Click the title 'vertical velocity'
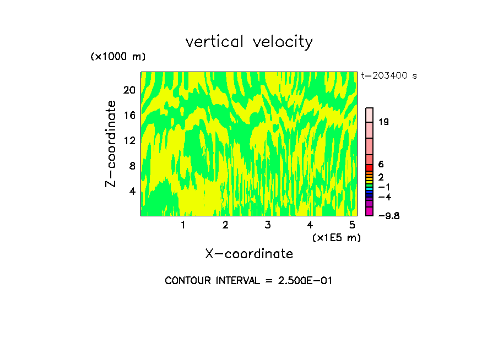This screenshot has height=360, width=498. [249, 42]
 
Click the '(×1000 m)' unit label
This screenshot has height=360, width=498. [117, 57]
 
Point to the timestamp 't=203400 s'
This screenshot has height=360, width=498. [389, 76]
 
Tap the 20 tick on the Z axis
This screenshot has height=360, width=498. [129, 90]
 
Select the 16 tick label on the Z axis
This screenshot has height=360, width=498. [129, 115]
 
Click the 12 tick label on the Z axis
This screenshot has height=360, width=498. [129, 140]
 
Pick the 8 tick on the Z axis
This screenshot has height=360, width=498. [132, 166]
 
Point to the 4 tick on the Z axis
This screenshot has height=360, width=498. [132, 191]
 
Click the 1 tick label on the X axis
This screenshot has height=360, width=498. [183, 225]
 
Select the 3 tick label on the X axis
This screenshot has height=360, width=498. [267, 225]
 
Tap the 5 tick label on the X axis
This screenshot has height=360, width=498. [352, 225]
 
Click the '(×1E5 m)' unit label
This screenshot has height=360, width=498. [336, 237]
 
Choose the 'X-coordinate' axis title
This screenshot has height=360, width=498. [249, 254]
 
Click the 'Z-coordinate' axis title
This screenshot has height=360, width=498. [111, 144]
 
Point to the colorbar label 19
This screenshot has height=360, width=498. [384, 122]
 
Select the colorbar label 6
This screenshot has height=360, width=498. [381, 165]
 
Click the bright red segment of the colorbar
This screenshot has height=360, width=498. [370, 167]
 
